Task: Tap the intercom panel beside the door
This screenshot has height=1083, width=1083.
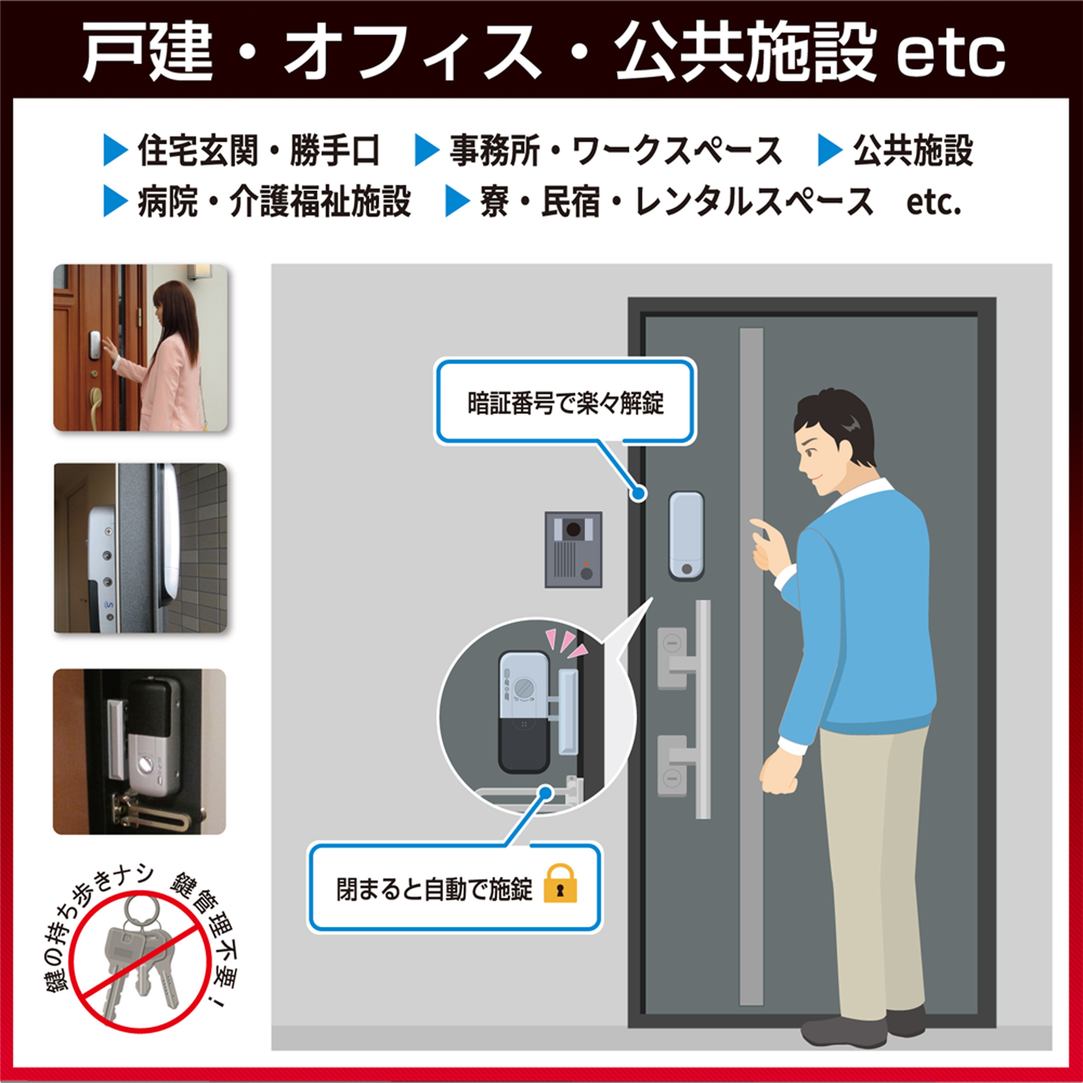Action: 574,549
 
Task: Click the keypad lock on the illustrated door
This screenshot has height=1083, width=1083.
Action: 686,536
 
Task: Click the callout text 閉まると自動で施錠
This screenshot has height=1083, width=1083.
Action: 434,888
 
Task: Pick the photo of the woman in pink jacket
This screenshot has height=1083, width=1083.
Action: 141,348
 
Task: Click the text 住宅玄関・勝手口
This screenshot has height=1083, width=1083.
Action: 259,151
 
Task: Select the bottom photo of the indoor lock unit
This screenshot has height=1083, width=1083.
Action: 140,752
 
